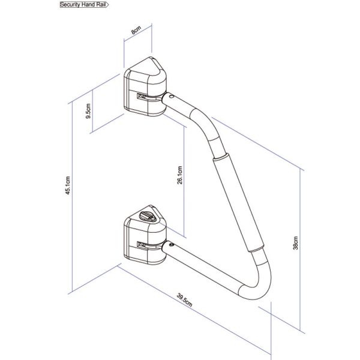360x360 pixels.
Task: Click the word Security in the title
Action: tap(71, 5)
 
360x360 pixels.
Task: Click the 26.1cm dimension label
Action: tap(181, 177)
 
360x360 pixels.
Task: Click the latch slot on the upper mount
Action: tap(141, 97)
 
